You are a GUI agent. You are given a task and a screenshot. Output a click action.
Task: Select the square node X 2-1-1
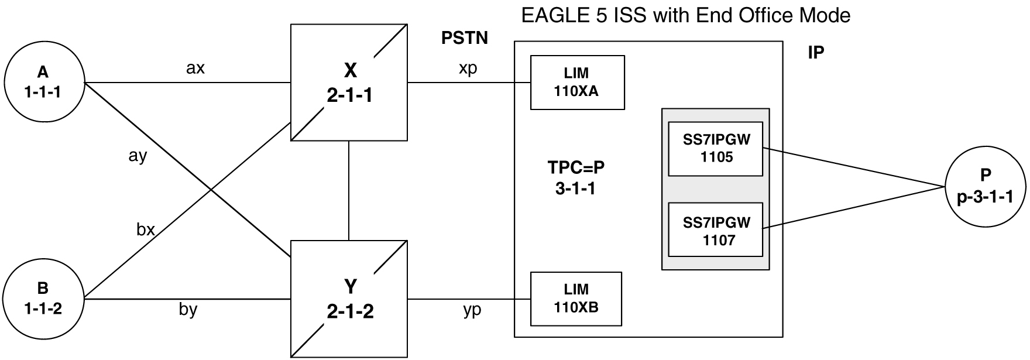tap(349, 83)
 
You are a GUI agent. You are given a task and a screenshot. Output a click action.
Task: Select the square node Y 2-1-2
tap(349, 299)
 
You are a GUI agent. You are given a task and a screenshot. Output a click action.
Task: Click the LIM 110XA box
tap(577, 83)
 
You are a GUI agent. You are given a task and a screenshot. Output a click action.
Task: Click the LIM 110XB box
tap(576, 299)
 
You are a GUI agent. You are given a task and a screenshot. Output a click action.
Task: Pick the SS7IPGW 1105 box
tap(716, 149)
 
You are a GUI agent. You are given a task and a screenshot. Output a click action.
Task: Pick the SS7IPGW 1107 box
tap(716, 230)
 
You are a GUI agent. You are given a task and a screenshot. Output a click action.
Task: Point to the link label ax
tap(195, 68)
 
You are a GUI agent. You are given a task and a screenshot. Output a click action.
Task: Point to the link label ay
tap(138, 156)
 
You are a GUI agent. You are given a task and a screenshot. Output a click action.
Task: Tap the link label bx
tap(145, 229)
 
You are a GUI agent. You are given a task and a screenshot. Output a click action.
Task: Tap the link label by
tap(188, 308)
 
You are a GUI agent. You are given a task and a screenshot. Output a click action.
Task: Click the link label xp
tap(468, 68)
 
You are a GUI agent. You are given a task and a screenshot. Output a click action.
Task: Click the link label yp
tap(472, 310)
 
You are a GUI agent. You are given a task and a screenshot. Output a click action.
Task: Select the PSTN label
tap(464, 39)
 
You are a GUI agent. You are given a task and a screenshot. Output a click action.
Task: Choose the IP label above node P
tap(816, 53)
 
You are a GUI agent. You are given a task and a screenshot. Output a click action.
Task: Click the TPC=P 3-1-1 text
tap(576, 177)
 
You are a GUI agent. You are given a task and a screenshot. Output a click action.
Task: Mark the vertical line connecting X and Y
tap(349, 190)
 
